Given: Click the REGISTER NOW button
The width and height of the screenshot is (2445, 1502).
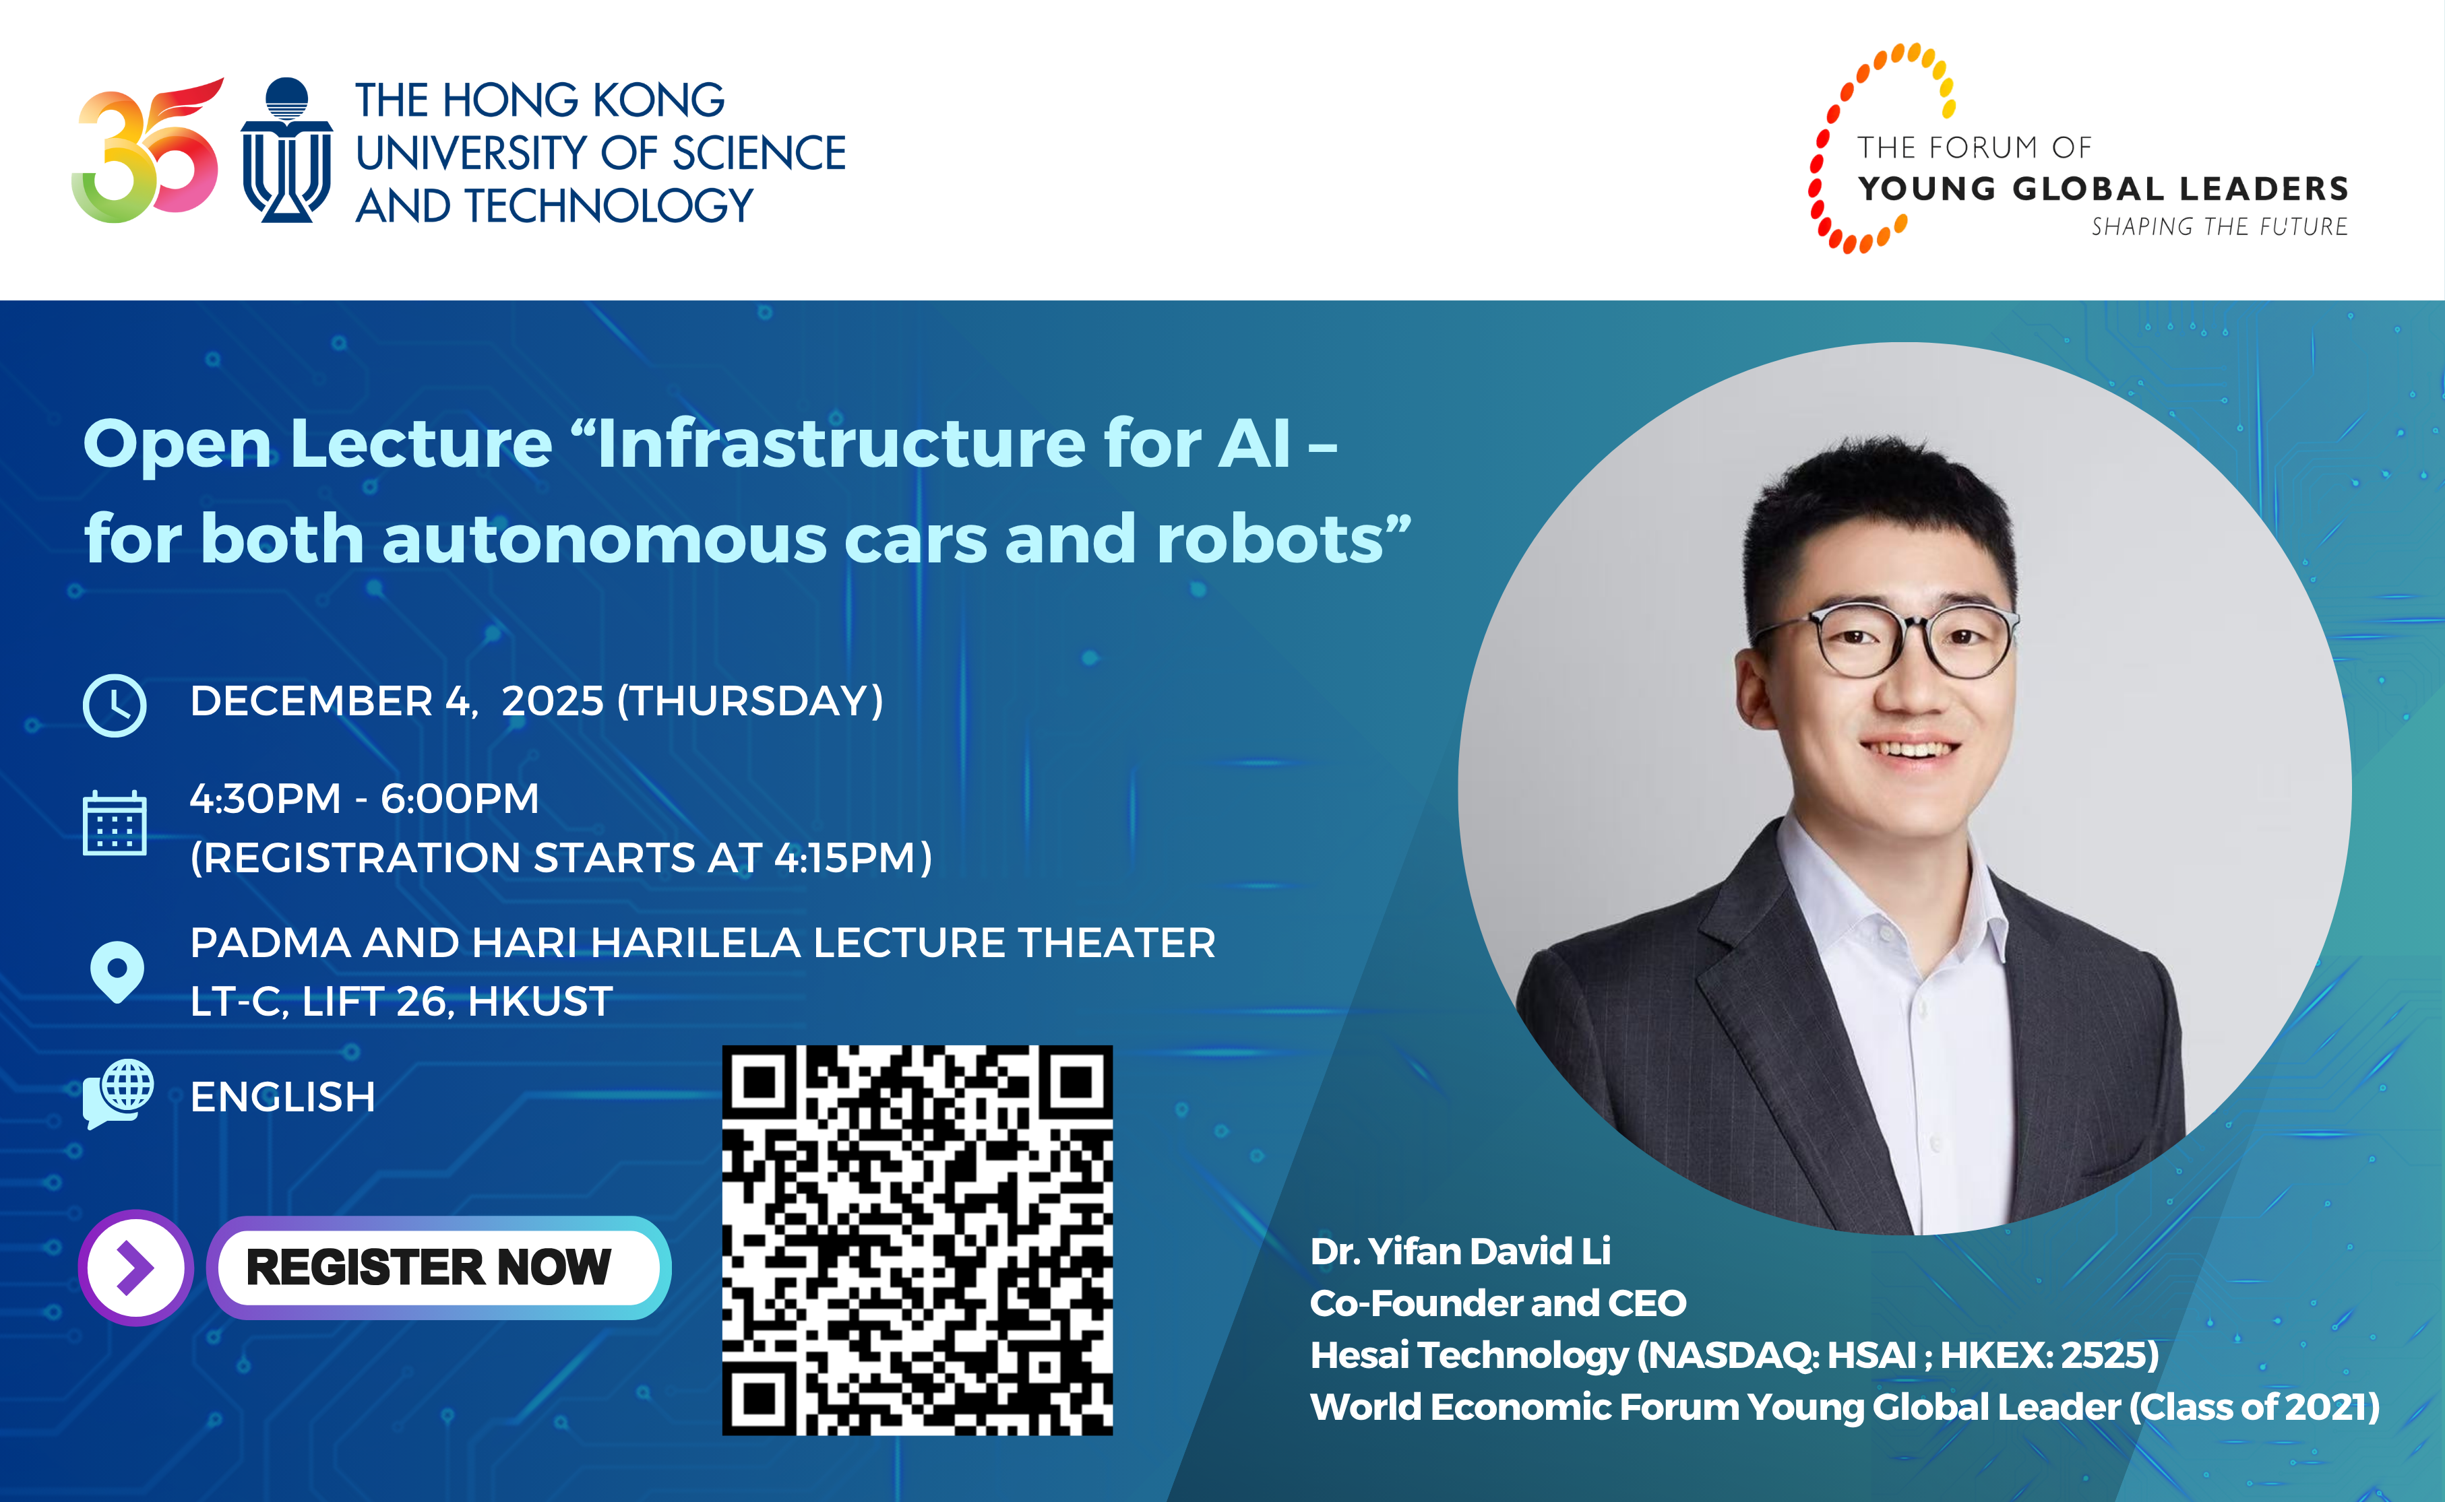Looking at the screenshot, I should [x=437, y=1268].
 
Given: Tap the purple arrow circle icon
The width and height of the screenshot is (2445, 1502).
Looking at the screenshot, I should [x=135, y=1268].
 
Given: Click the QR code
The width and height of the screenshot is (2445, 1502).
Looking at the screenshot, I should [x=917, y=1240].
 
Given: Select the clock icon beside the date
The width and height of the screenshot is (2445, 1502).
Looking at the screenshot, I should [x=115, y=705].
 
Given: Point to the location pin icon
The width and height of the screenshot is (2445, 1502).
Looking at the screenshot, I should [x=117, y=971].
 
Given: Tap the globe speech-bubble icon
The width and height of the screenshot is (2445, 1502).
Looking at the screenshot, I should [x=119, y=1092].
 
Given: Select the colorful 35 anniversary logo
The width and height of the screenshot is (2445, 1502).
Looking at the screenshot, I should [x=147, y=151].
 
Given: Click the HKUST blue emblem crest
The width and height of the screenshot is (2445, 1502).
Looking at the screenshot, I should [x=286, y=151].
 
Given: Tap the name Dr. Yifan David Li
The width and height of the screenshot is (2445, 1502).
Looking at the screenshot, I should [x=1459, y=1251].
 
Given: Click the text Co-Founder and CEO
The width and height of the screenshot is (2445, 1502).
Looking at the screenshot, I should [x=1497, y=1303].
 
